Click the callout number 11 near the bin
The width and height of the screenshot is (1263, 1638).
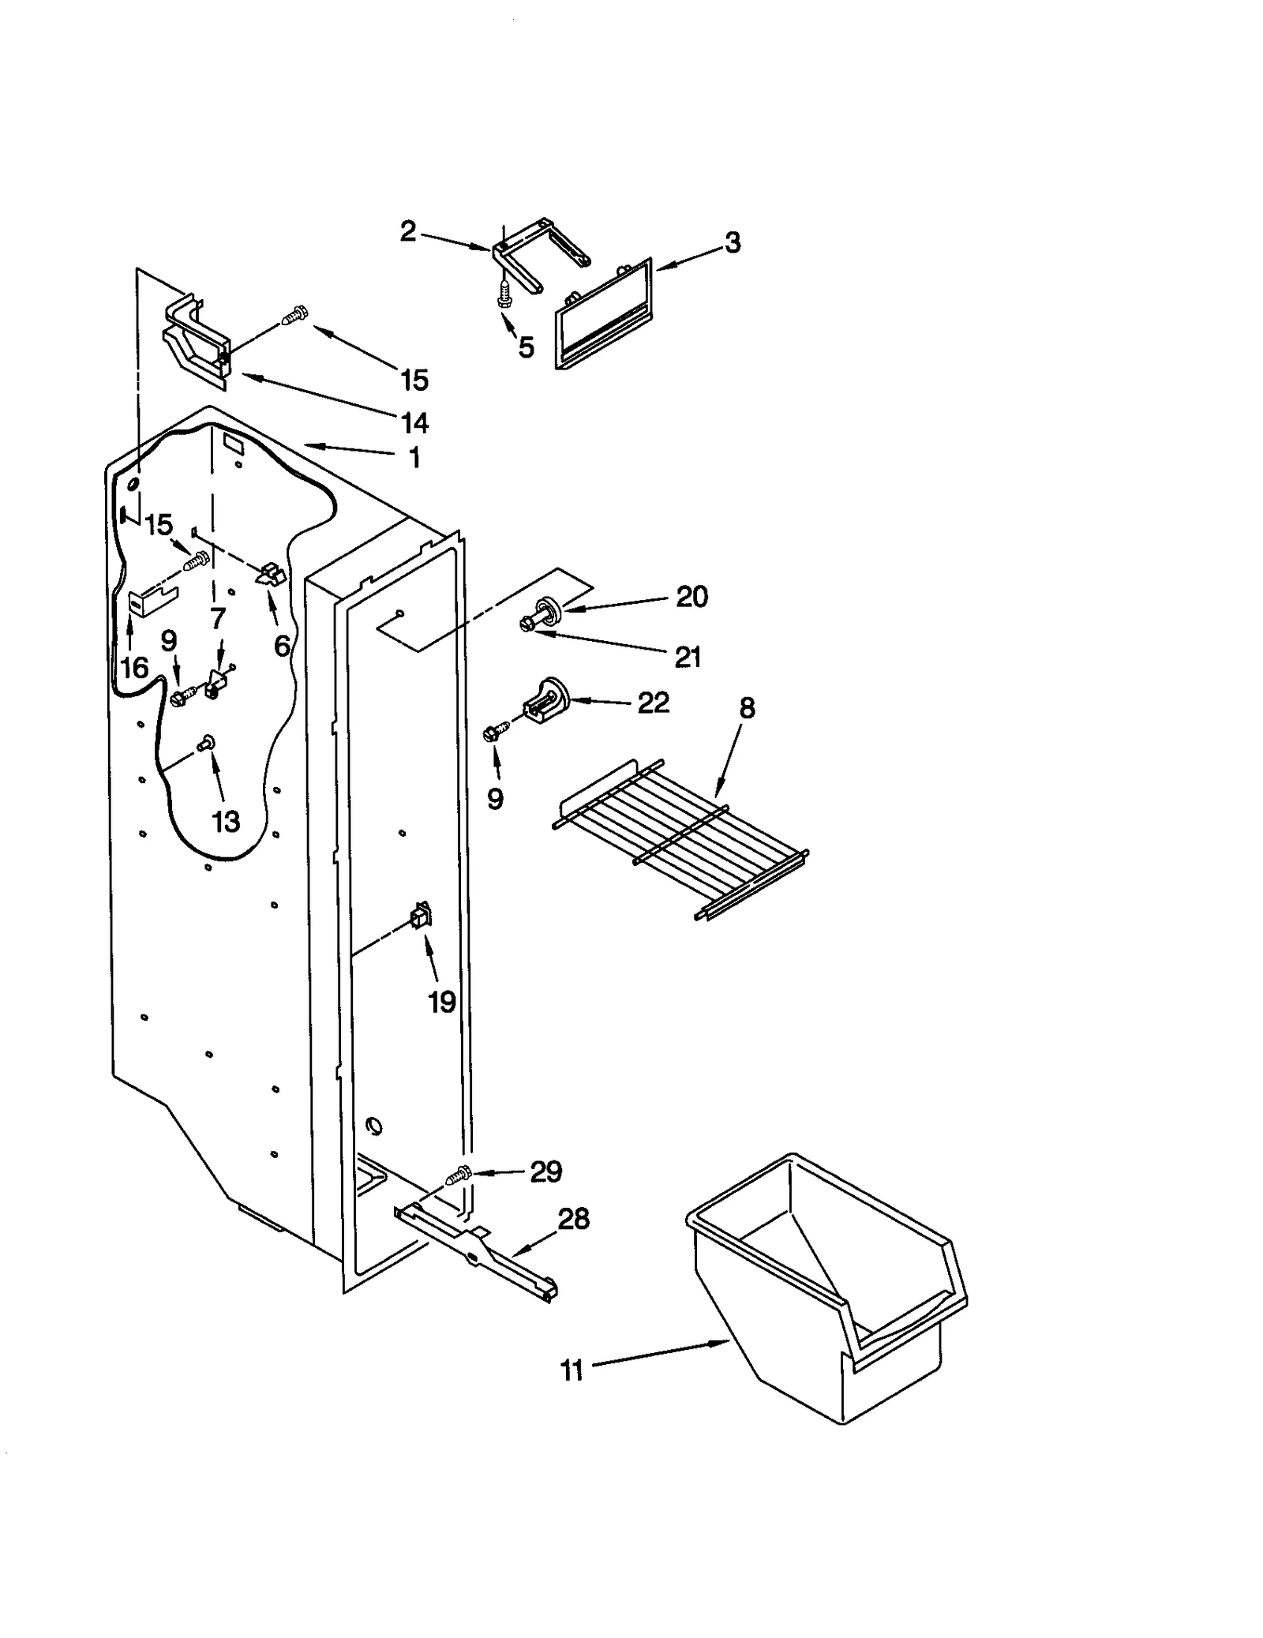pos(572,1371)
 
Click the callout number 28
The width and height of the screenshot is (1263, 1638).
pos(574,1219)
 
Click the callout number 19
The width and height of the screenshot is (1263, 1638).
pos(442,1002)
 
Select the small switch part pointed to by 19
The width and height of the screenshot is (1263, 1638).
pos(421,916)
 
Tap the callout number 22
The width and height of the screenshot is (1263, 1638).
pos(654,703)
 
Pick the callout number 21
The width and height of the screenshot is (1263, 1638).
pos(688,656)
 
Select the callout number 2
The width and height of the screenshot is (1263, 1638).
pos(407,231)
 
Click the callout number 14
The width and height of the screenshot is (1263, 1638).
pos(414,423)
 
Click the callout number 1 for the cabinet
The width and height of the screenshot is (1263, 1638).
pos(415,458)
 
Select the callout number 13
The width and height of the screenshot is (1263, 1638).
pos(226,822)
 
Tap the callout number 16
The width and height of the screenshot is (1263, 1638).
pos(134,668)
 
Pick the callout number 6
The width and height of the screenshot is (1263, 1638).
pos(282,647)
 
